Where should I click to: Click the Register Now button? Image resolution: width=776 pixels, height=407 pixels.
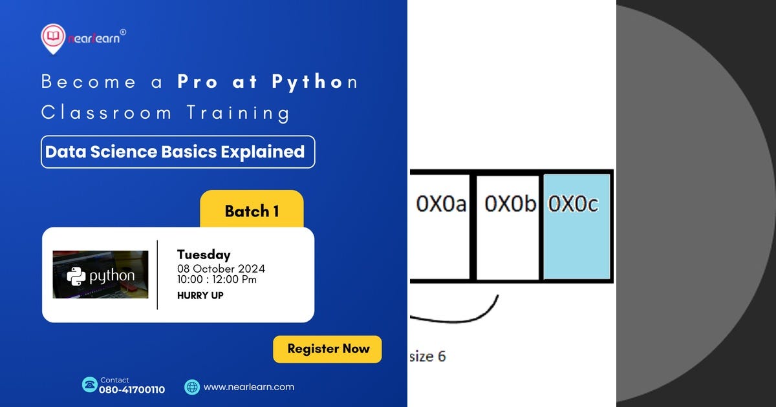pyautogui.click(x=327, y=349)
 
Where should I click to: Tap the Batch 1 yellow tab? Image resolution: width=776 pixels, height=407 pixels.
pyautogui.click(x=252, y=211)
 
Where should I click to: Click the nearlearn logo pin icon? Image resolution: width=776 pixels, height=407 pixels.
pyautogui.click(x=52, y=39)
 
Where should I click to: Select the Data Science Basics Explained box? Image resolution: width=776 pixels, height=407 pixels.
pyautogui.click(x=178, y=152)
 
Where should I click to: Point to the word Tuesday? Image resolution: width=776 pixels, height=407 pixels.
pyautogui.click(x=204, y=255)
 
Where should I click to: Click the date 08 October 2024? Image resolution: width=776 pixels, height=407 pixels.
pyautogui.click(x=221, y=269)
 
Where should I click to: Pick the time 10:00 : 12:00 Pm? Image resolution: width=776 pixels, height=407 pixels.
pyautogui.click(x=217, y=280)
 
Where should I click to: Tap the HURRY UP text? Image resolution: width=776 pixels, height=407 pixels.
pyautogui.click(x=200, y=295)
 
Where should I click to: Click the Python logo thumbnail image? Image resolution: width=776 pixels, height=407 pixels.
pyautogui.click(x=100, y=275)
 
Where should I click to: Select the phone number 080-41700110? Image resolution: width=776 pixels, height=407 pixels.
pyautogui.click(x=132, y=390)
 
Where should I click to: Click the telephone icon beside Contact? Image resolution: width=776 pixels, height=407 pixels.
pyautogui.click(x=89, y=385)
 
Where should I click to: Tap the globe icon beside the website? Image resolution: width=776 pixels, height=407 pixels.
pyautogui.click(x=192, y=387)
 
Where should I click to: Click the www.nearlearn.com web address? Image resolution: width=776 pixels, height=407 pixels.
pyautogui.click(x=249, y=387)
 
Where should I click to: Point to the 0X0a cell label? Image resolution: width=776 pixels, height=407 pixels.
pyautogui.click(x=441, y=204)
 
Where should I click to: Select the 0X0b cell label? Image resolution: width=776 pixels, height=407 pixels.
pyautogui.click(x=510, y=204)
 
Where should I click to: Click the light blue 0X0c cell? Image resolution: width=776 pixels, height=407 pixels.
pyautogui.click(x=577, y=226)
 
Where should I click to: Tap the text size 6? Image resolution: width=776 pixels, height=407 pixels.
pyautogui.click(x=427, y=356)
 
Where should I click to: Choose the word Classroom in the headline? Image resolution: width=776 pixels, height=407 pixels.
pyautogui.click(x=107, y=112)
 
